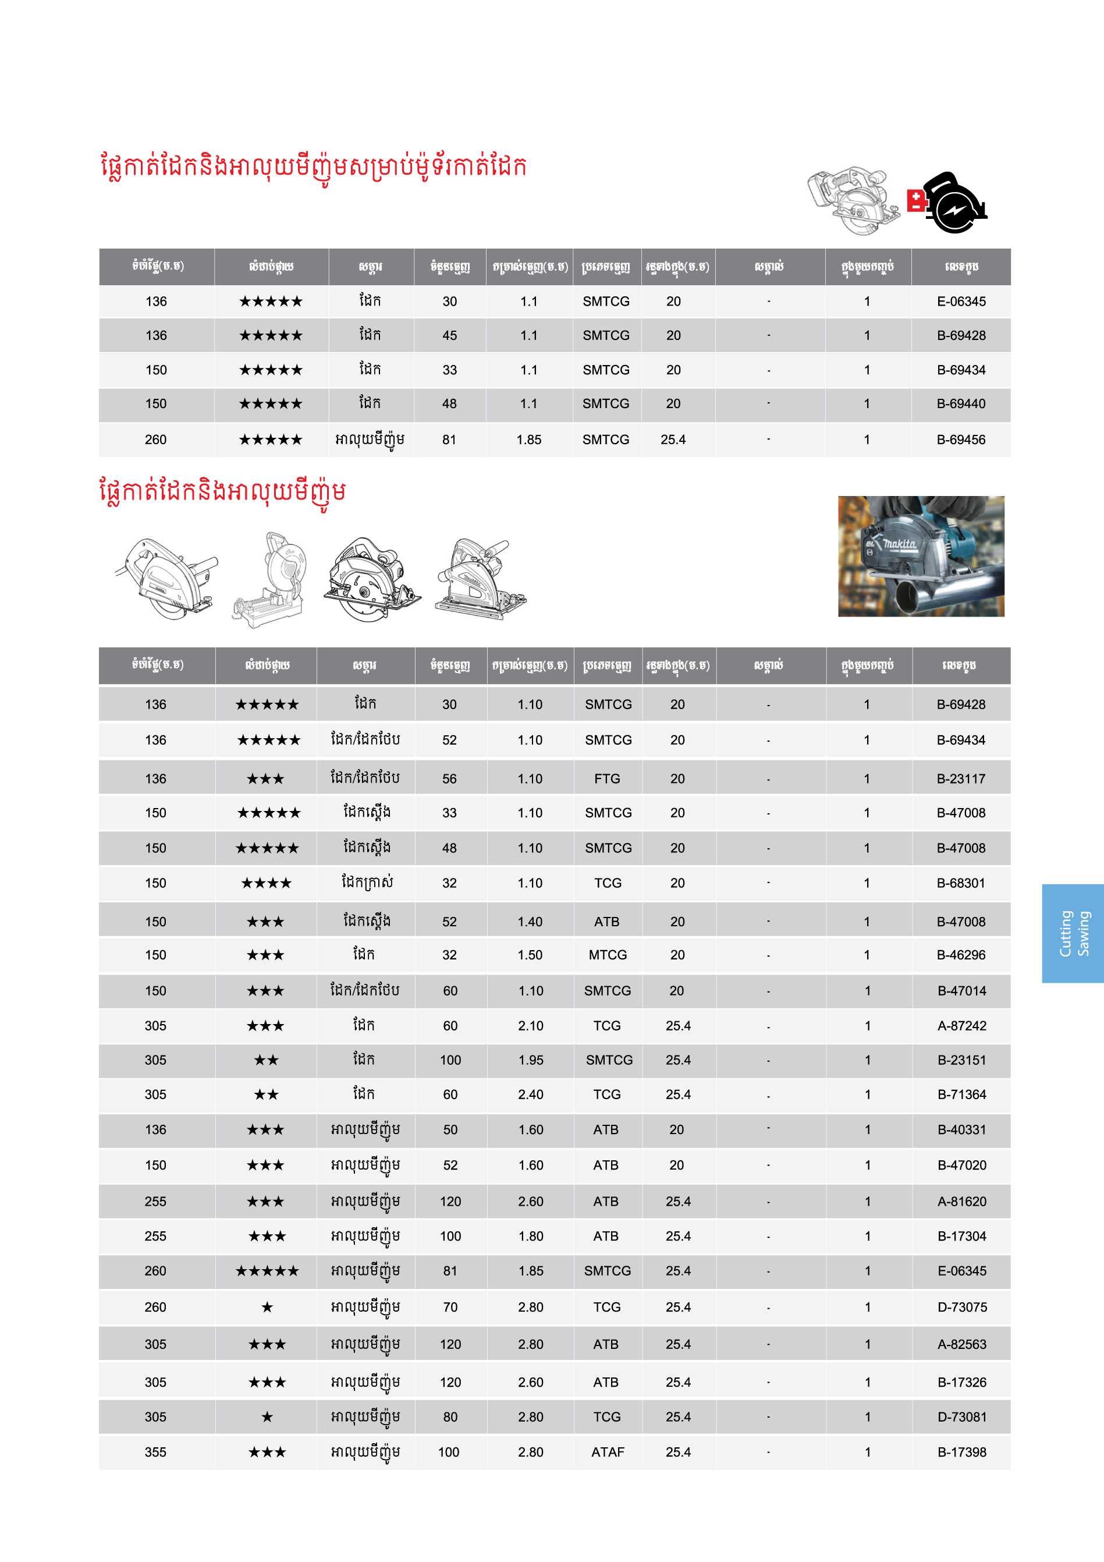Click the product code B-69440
pyautogui.click(x=960, y=403)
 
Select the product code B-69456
pyautogui.click(x=960, y=440)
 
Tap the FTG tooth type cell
pyautogui.click(x=607, y=778)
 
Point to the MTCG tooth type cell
pyautogui.click(x=608, y=954)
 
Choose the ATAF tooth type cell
pyautogui.click(x=608, y=1452)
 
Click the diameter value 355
pyautogui.click(x=155, y=1452)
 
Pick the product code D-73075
pyautogui.click(x=962, y=1307)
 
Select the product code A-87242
pyautogui.click(x=962, y=1025)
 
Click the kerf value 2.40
pyautogui.click(x=531, y=1094)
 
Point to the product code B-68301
pyautogui.click(x=960, y=883)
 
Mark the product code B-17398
pyautogui.click(x=962, y=1452)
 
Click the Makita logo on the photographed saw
pyautogui.click(x=899, y=544)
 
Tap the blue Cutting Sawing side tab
pyautogui.click(x=1073, y=933)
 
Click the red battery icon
pyautogui.click(x=916, y=200)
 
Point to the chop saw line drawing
pyautogui.click(x=269, y=580)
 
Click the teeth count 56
pyautogui.click(x=449, y=778)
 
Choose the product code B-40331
pyautogui.click(x=962, y=1129)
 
